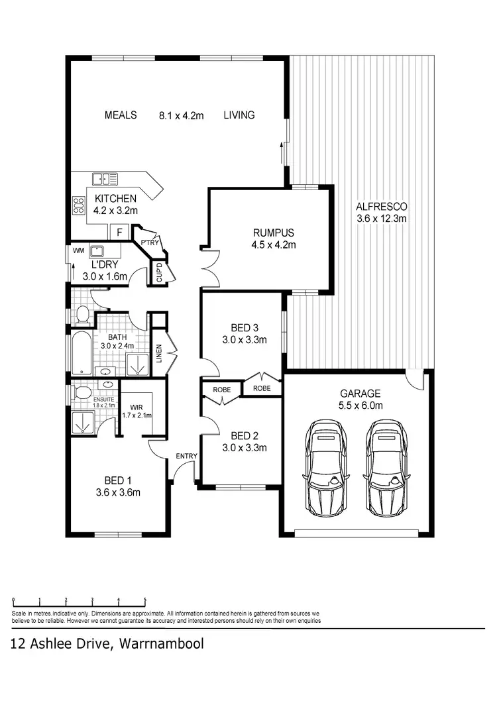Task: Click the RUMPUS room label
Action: coord(273,233)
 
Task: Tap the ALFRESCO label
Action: coord(381,206)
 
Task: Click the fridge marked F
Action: coord(119,232)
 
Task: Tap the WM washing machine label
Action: coord(78,250)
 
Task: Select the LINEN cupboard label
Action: coord(158,354)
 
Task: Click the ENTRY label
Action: coord(186,455)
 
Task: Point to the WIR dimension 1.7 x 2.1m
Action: coord(137,415)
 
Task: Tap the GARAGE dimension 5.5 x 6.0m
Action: coord(356,406)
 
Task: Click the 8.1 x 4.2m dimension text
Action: coord(181,115)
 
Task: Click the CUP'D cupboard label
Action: coord(158,272)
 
